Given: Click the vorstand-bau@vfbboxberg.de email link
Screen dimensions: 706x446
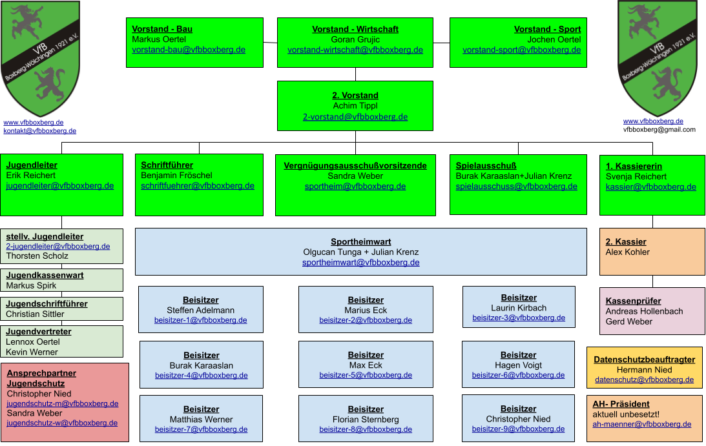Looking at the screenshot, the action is (x=189, y=50).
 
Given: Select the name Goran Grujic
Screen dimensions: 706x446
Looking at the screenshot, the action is (x=355, y=39).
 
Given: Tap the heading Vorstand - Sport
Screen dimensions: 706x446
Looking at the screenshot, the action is (x=548, y=29).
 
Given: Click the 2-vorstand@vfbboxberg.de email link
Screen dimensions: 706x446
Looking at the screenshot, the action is (x=355, y=117).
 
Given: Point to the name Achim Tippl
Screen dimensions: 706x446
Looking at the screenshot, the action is (x=355, y=106).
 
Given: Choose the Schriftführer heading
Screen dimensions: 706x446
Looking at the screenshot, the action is (x=167, y=165).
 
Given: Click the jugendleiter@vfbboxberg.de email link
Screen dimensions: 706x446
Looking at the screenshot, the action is (x=60, y=186).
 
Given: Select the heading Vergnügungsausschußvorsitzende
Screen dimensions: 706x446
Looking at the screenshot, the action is (x=355, y=166).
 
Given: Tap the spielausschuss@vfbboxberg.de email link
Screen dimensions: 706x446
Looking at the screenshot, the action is (x=517, y=187).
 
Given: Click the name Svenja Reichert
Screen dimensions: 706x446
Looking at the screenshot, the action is (x=636, y=176).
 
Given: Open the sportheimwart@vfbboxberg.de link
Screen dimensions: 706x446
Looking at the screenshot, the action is (x=360, y=263).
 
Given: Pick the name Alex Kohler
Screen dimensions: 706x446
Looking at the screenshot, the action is (x=628, y=252).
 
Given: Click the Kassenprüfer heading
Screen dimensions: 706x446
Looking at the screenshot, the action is (x=634, y=301).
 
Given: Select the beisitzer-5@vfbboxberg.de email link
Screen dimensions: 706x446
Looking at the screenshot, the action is (x=366, y=376).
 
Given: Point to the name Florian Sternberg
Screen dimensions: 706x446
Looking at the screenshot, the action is (x=366, y=420).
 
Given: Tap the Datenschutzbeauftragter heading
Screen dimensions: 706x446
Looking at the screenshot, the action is (x=645, y=360).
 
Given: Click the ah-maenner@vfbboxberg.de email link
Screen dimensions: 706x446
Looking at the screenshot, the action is (x=641, y=425).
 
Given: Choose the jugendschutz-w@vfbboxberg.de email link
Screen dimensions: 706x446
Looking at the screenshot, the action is (x=62, y=423).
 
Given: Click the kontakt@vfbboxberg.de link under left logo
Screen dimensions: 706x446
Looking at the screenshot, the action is (x=39, y=131).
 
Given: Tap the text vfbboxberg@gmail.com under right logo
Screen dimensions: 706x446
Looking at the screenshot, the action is (x=659, y=130).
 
